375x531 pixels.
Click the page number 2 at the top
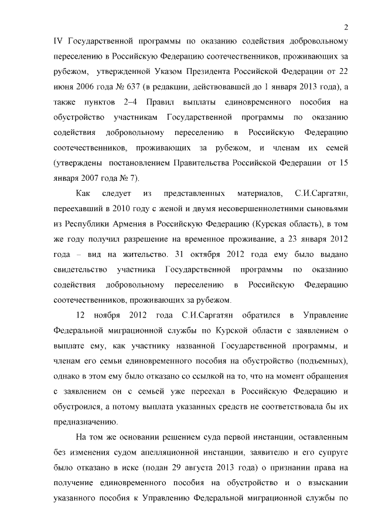tap(347, 27)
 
